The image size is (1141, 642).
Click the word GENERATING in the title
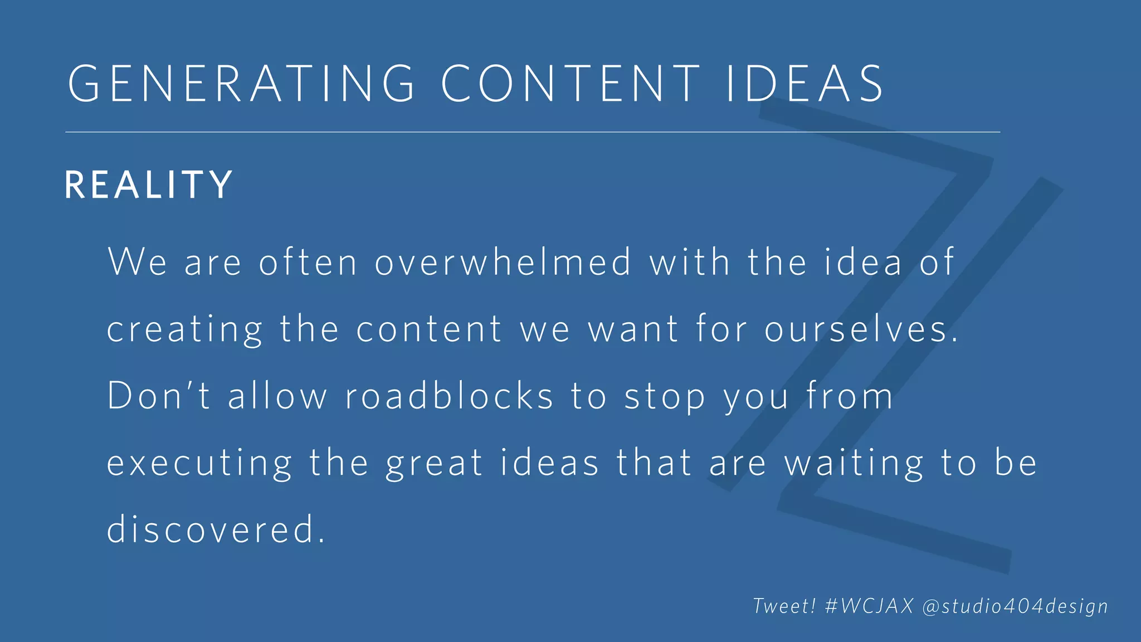(x=241, y=84)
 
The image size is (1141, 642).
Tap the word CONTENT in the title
(x=570, y=84)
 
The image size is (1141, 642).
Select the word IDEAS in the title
(x=805, y=84)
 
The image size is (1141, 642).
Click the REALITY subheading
(x=149, y=185)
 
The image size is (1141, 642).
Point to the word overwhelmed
(x=503, y=262)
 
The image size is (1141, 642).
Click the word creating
(x=184, y=330)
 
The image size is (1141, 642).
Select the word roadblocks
(x=449, y=396)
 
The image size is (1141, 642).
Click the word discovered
(x=216, y=529)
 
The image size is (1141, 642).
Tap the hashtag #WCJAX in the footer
(x=869, y=606)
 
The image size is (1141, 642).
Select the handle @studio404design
(x=1015, y=606)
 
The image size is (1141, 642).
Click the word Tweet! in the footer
(x=784, y=606)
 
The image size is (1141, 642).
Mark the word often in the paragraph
(x=308, y=262)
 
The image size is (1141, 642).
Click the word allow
(x=277, y=396)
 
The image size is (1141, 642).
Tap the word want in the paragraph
(x=633, y=330)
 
